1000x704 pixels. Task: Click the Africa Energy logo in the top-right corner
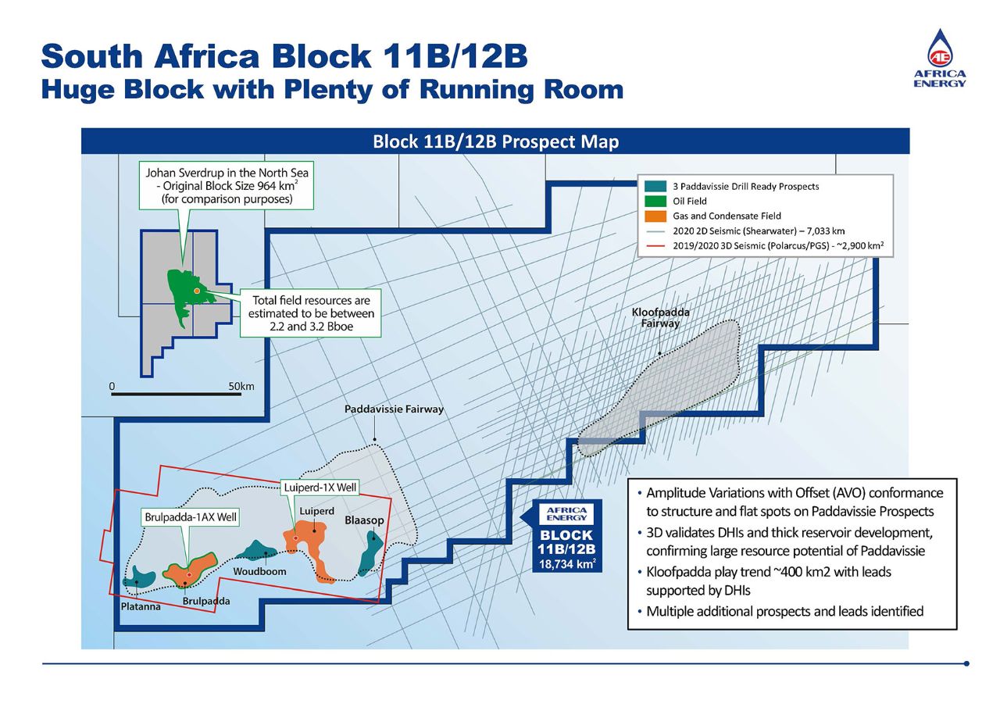pos(940,59)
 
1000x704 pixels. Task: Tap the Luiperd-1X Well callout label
pos(320,488)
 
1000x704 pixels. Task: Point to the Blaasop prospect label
pos(364,520)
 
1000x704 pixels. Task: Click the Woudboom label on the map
pos(259,571)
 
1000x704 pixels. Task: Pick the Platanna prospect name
pos(141,606)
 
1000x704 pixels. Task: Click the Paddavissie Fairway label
pos(394,409)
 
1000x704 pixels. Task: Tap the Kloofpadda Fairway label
pos(660,318)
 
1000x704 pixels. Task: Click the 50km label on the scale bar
pos(241,386)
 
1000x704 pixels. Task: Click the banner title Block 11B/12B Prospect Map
pos(495,141)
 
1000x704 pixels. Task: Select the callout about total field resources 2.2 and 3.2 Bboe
pos(310,313)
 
